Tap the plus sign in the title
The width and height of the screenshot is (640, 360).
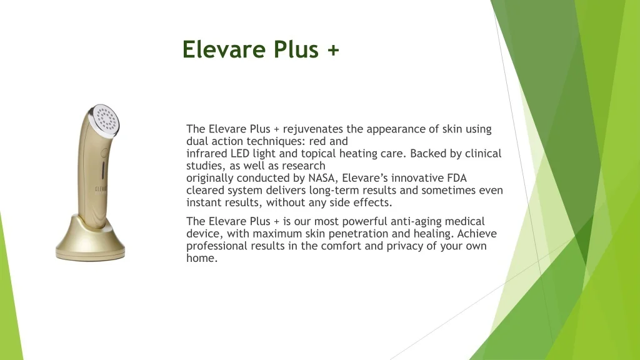332,50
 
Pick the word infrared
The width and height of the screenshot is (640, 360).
207,154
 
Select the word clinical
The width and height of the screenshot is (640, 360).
482,154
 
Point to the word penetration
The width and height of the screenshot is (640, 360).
372,234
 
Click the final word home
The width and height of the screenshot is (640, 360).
201,258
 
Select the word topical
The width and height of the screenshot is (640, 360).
317,154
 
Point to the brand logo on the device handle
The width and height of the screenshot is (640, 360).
101,190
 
